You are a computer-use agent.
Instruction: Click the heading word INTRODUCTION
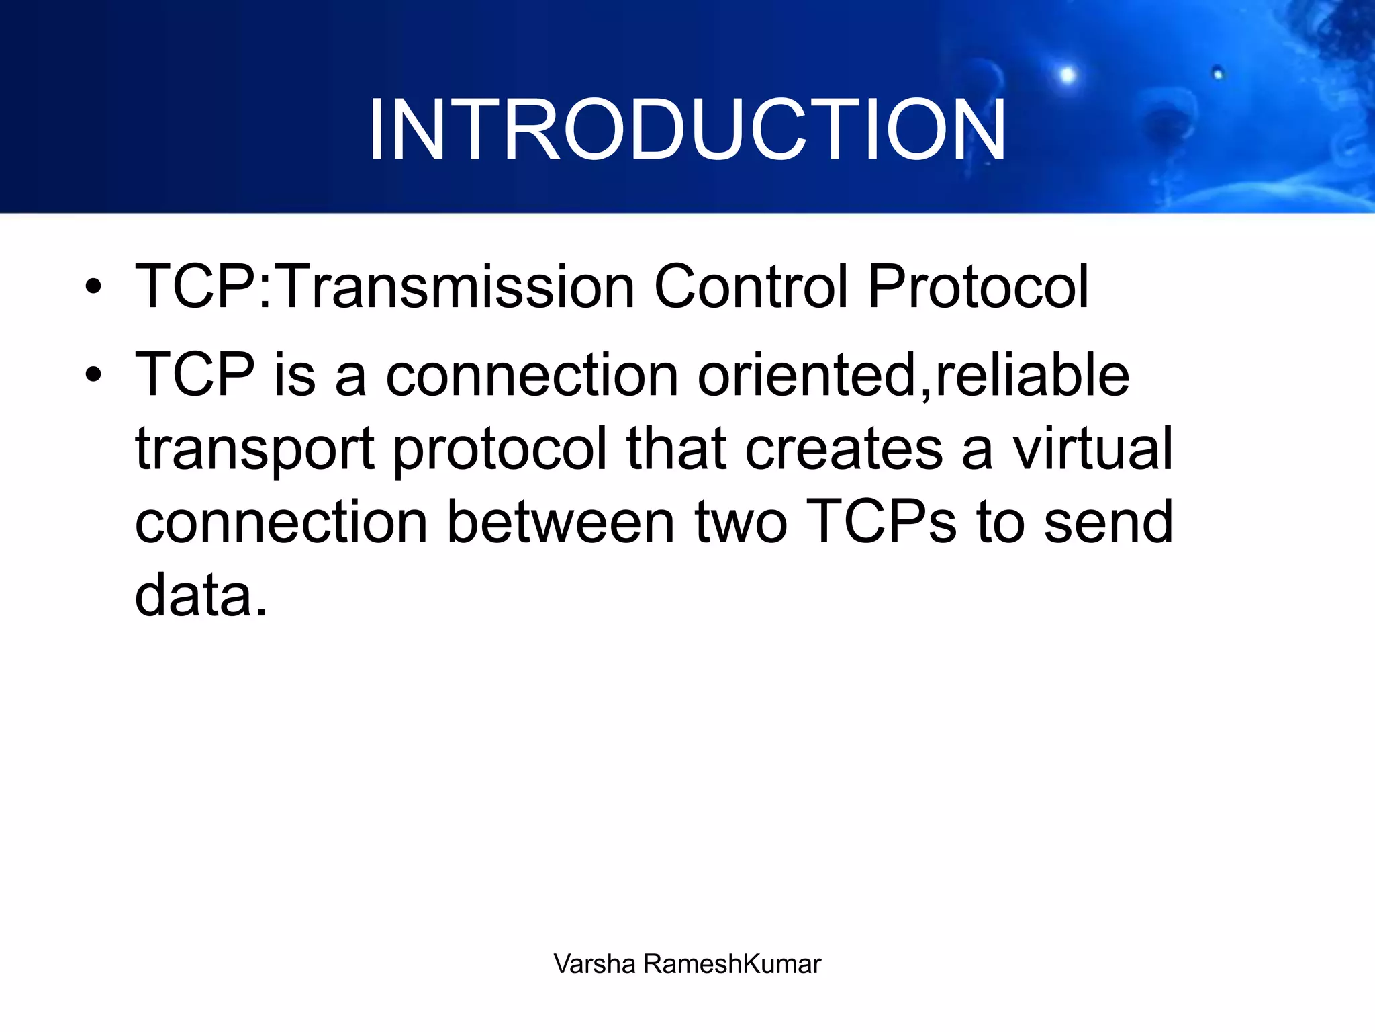686,130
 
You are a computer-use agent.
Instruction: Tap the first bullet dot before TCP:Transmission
93,287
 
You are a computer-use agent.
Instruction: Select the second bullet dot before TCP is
93,375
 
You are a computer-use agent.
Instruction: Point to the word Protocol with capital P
978,287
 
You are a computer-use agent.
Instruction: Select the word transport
254,449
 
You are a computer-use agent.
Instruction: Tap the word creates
843,449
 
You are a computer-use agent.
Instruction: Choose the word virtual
1092,449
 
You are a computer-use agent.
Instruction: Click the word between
561,522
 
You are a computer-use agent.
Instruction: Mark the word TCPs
880,522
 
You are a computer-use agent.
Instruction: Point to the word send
1108,522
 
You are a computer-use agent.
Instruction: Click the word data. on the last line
201,595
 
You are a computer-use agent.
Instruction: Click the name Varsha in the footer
594,964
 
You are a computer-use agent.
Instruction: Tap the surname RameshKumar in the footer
732,964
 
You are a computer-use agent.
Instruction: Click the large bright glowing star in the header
1067,75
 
